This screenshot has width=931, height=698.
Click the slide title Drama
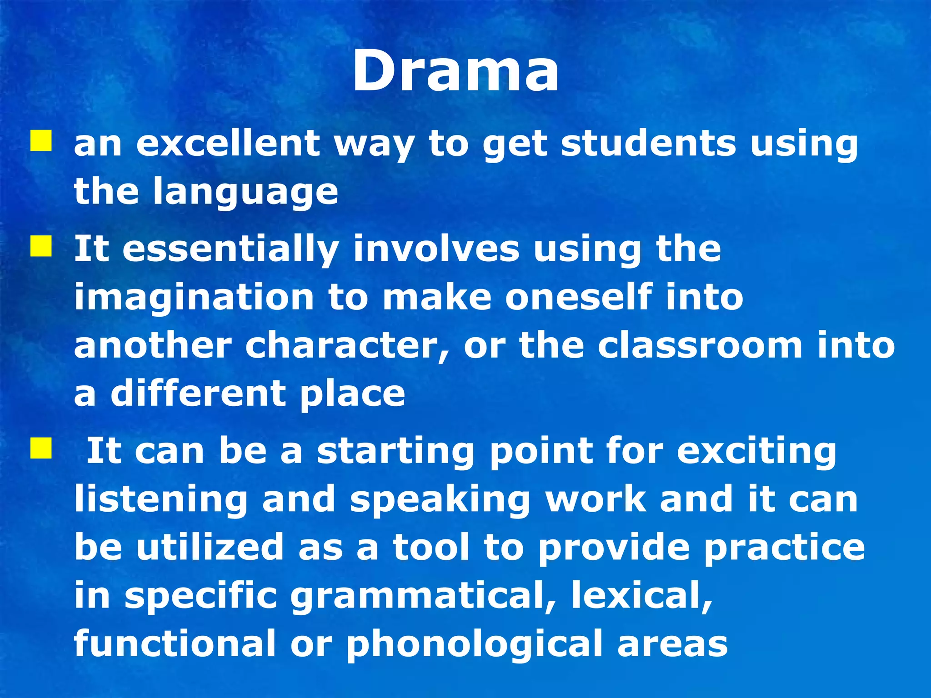pos(455,72)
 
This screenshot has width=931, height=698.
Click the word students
pos(648,144)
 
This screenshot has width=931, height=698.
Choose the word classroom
pos(700,346)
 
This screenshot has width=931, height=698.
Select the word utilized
pos(210,547)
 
